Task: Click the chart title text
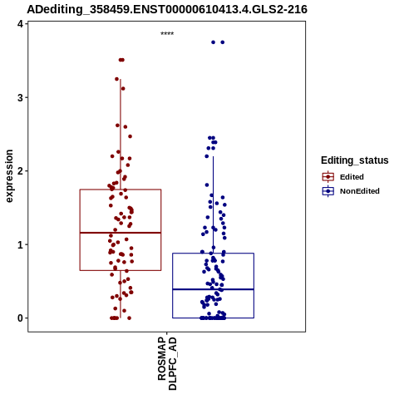[x=167, y=9]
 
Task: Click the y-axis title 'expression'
[x=9, y=176]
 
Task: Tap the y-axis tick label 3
[x=20, y=97]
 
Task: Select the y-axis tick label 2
[x=20, y=171]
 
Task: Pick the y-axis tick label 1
[x=20, y=244]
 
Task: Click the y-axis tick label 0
[x=20, y=318]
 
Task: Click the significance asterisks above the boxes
[x=167, y=34]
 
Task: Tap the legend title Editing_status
[x=355, y=160]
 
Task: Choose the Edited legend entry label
[x=352, y=177]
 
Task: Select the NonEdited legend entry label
[x=360, y=191]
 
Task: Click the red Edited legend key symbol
[x=328, y=177]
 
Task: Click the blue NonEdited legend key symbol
[x=328, y=191]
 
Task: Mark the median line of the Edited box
[x=121, y=233]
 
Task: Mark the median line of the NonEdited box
[x=213, y=289]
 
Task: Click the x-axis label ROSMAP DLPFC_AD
[x=167, y=363]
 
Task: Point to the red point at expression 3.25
[x=116, y=79]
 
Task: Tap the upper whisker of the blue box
[x=213, y=204]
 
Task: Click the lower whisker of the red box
[x=121, y=294]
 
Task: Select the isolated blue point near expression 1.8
[x=207, y=185]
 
